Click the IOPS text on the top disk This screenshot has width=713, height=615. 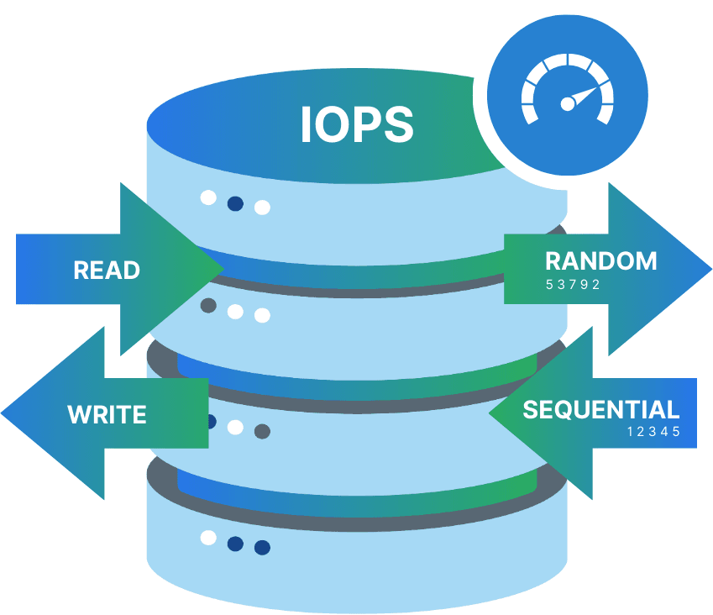pyautogui.click(x=356, y=124)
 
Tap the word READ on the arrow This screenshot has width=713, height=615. pyautogui.click(x=107, y=271)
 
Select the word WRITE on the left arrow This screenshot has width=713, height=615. pyautogui.click(x=107, y=414)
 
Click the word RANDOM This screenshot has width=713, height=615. pyautogui.click(x=600, y=260)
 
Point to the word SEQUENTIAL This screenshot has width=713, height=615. pyautogui.click(x=600, y=410)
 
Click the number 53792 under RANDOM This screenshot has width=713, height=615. pyautogui.click(x=573, y=284)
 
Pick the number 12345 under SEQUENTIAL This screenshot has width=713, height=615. pyautogui.click(x=653, y=432)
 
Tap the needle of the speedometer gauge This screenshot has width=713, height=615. pyautogui.click(x=585, y=94)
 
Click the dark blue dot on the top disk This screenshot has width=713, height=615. pyautogui.click(x=235, y=203)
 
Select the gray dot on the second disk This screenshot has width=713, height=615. pyautogui.click(x=208, y=306)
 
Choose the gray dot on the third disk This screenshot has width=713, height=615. pyautogui.click(x=262, y=432)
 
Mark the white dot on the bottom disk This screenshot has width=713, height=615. pyautogui.click(x=208, y=538)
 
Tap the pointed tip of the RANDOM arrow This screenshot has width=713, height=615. pyautogui.click(x=710, y=270)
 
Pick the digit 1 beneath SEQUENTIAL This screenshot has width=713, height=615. pyautogui.click(x=631, y=432)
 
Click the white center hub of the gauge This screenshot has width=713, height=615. pyautogui.click(x=568, y=103)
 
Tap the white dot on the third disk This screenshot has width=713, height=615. pyautogui.click(x=235, y=427)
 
